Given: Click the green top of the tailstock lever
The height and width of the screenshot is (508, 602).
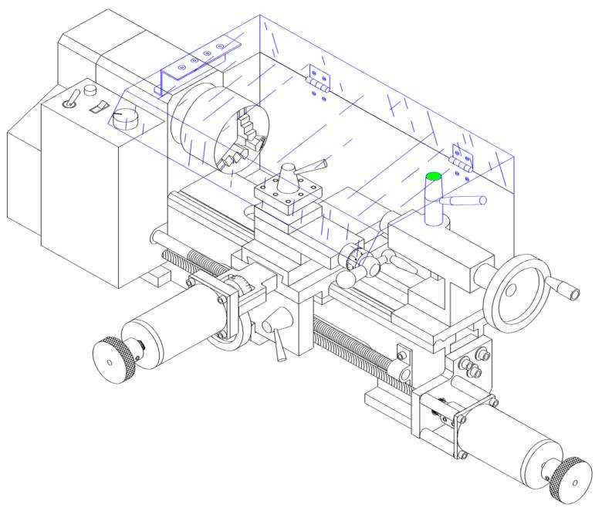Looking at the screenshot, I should (433, 176).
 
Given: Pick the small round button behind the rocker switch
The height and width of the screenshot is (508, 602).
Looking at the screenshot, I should (90, 90).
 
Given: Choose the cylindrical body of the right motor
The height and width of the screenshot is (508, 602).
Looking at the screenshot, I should (509, 448).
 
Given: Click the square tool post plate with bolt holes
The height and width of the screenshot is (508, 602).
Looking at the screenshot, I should (286, 193).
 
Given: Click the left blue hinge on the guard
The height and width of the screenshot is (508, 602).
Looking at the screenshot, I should (317, 79).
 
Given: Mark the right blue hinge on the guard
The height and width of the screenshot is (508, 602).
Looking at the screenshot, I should (462, 158).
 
